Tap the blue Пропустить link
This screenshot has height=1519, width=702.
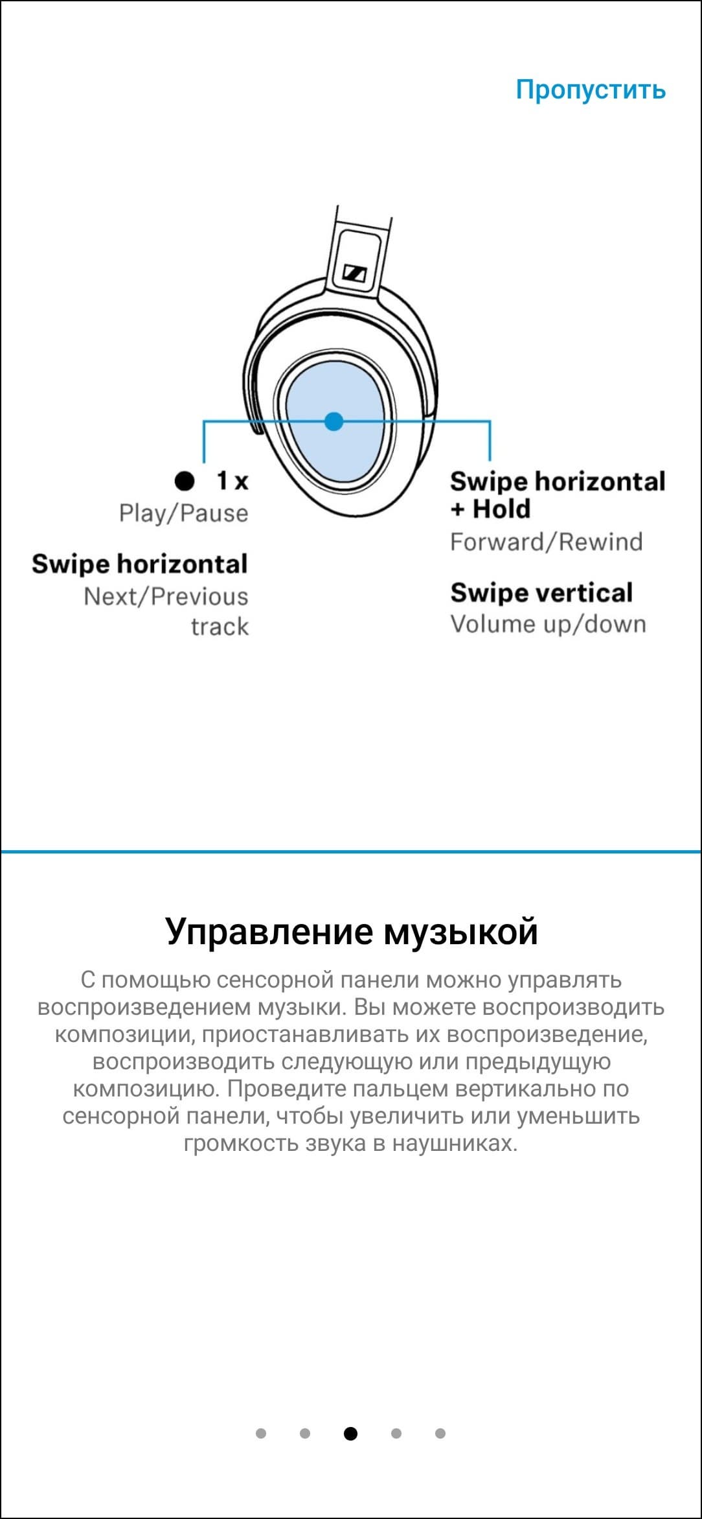591,89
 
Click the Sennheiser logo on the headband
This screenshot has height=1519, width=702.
354,274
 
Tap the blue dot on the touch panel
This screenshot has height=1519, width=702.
334,422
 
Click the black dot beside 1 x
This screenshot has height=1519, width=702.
185,481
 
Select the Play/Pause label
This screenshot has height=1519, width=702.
184,513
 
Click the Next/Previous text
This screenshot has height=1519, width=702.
166,596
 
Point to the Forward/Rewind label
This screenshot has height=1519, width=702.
547,542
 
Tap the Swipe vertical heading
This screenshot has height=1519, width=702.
541,592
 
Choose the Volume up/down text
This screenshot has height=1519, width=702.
549,624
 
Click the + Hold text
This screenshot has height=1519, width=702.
491,509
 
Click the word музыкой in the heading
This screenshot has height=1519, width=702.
460,932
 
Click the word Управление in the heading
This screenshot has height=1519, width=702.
269,932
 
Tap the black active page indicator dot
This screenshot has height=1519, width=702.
350,1433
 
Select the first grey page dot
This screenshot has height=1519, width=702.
261,1433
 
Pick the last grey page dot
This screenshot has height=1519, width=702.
440,1433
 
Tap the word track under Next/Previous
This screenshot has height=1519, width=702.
220,627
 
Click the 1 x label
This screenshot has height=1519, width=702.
232,481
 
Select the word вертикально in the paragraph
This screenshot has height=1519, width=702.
526,1089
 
